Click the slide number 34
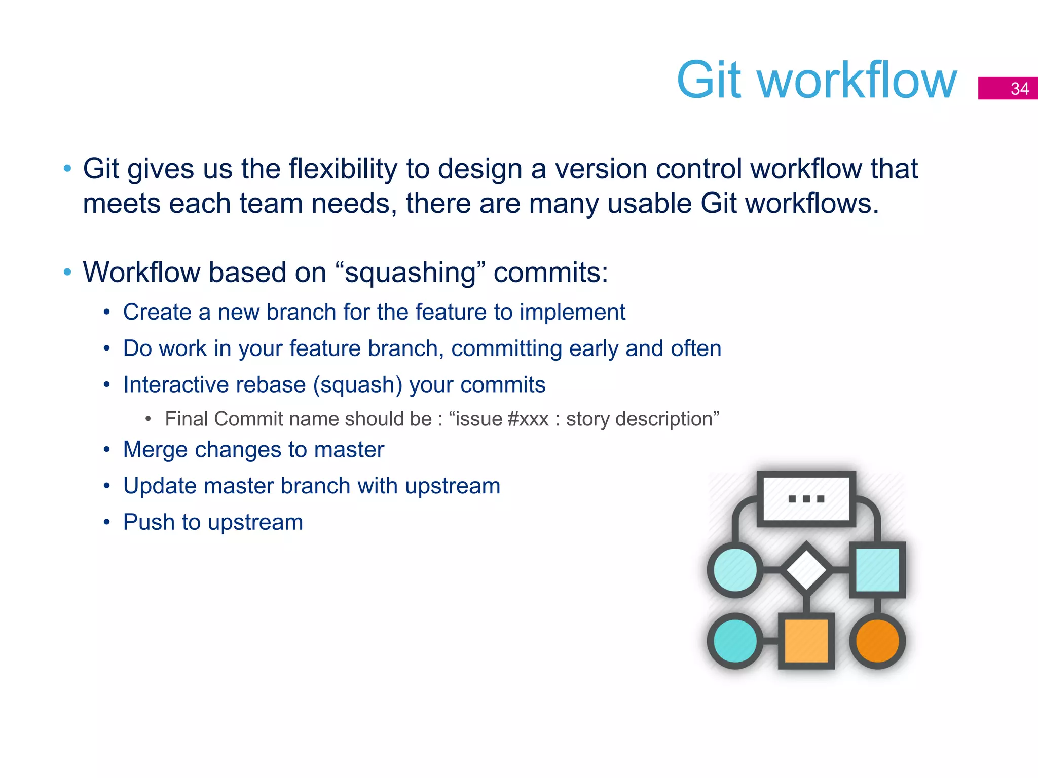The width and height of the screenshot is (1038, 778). pos(1019,89)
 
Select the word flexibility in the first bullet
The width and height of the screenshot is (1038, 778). pos(343,169)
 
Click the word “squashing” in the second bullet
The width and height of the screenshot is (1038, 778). pos(410,273)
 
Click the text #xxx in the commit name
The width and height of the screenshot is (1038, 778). pos(528,419)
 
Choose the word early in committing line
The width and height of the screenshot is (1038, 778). pos(594,348)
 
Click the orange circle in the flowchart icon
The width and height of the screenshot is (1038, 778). pos(877,641)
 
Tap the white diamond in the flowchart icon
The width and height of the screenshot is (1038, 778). pos(806,570)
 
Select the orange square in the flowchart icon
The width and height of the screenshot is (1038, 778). pos(806,641)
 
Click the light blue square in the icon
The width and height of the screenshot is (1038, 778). pos(877,570)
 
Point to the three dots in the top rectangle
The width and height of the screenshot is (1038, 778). pos(806,499)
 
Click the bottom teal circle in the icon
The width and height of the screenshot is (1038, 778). pos(735,641)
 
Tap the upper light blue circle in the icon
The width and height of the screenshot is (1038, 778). pos(735,570)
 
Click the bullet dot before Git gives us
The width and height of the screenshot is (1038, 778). pos(67,169)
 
